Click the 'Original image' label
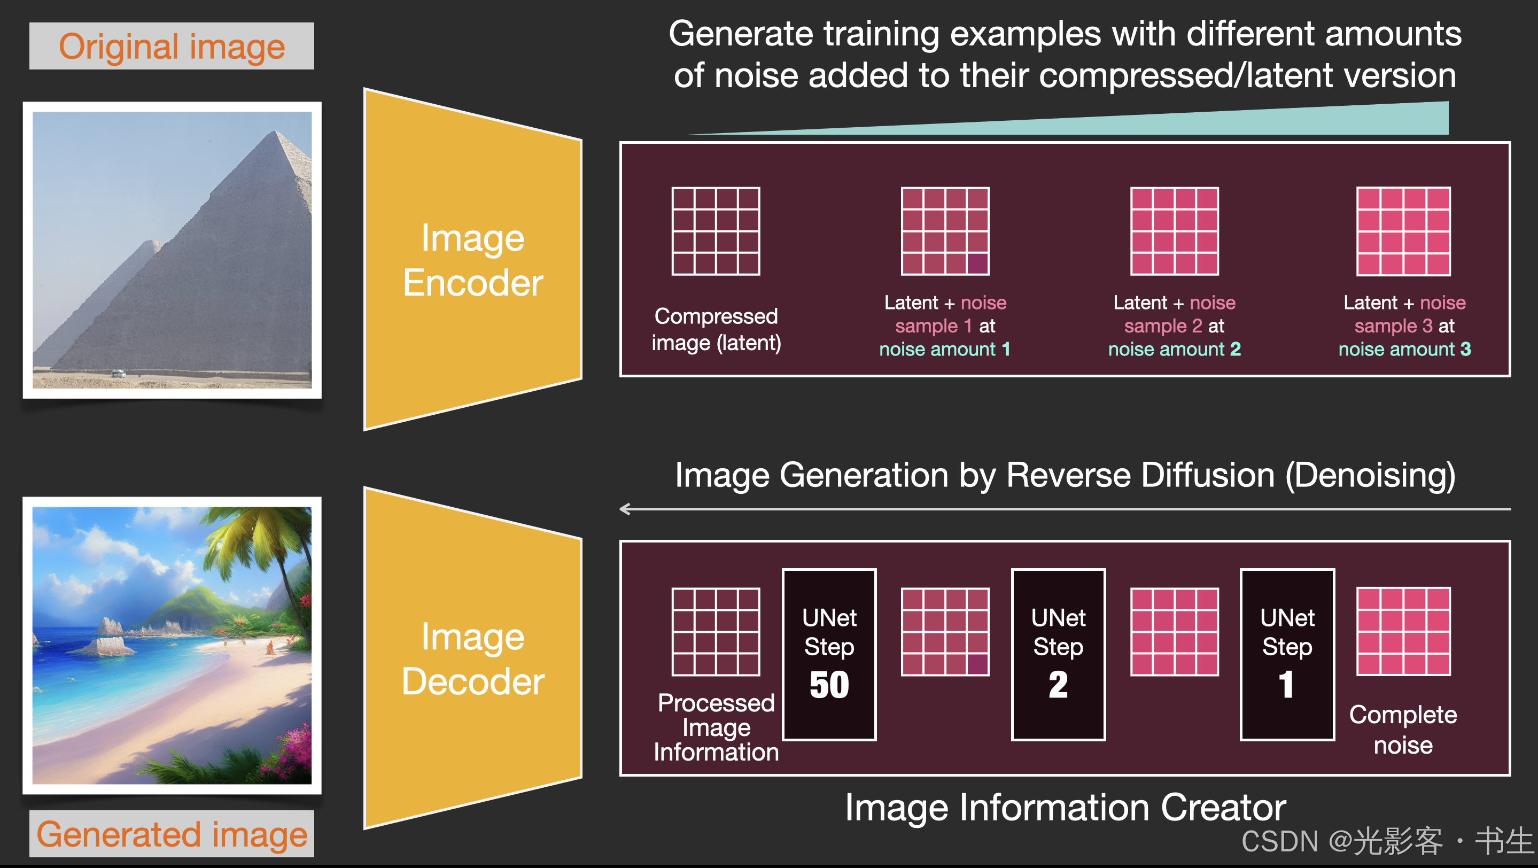tap(172, 46)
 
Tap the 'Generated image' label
tap(172, 833)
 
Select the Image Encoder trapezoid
tap(472, 260)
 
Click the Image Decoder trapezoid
tap(472, 658)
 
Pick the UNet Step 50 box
tap(829, 654)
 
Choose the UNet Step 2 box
tap(1058, 654)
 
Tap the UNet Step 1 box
tap(1287, 654)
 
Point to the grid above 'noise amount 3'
tap(1403, 231)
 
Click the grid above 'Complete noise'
tap(1403, 632)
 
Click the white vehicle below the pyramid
tap(119, 374)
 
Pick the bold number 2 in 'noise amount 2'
tap(1236, 349)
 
